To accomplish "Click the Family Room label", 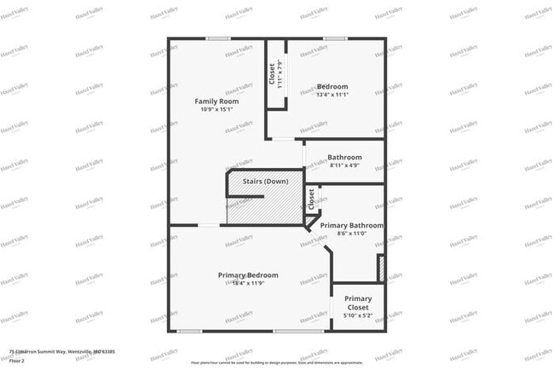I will [x=216, y=101].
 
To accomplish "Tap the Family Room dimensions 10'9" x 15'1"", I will [x=216, y=109].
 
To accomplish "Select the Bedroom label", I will [x=332, y=86].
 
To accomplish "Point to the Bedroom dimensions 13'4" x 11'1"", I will [x=332, y=95].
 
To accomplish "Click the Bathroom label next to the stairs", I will [x=345, y=157].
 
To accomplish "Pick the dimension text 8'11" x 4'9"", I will [x=345, y=165].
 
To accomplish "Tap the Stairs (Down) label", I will [x=265, y=181].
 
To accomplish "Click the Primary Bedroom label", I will [x=248, y=275].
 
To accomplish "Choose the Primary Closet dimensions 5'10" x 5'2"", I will [x=358, y=316].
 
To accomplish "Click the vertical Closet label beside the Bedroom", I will [x=273, y=74].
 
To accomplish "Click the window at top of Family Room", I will [x=218, y=38].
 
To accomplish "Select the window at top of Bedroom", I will [x=334, y=38].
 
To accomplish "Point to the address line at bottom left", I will [x=61, y=351].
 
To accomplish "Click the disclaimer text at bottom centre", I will [x=276, y=362].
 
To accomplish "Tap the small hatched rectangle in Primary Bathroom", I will [x=381, y=268].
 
